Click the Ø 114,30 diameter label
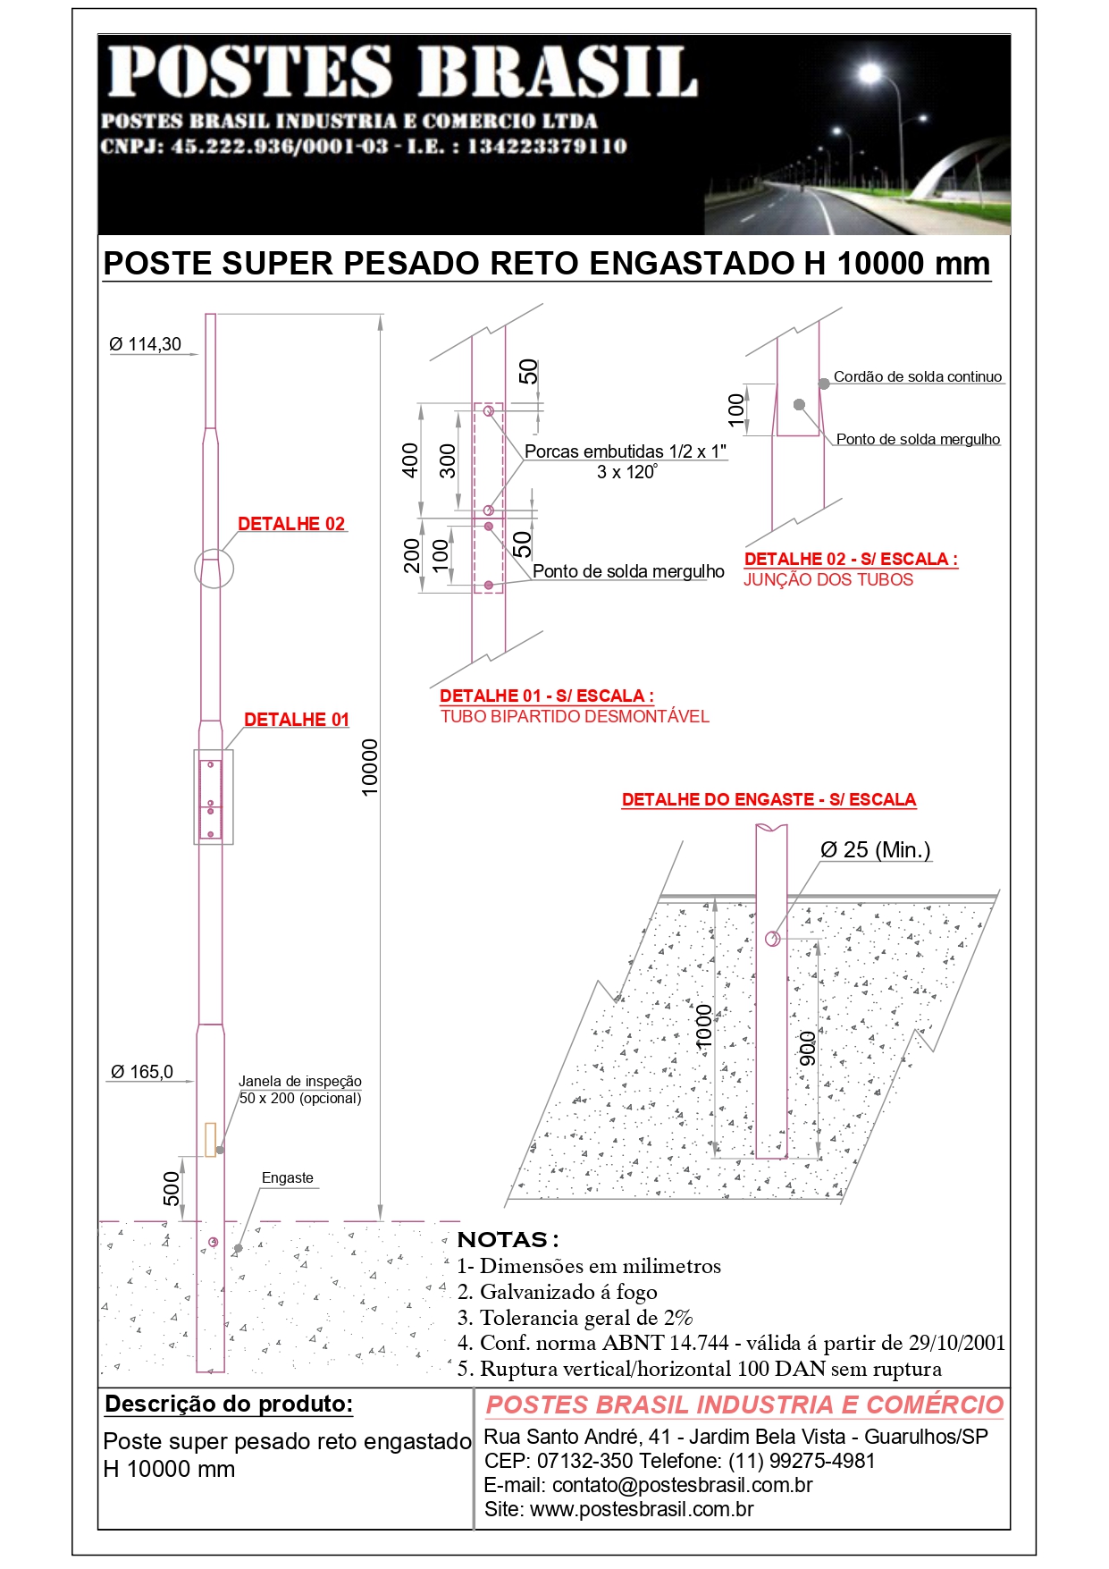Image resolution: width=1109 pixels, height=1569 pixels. click(145, 344)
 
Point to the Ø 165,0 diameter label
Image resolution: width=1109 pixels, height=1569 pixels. click(142, 1072)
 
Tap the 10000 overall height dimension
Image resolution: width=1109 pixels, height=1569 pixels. click(370, 766)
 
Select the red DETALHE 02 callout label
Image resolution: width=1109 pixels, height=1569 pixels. click(291, 524)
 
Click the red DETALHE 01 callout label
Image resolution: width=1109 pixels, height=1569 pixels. click(296, 720)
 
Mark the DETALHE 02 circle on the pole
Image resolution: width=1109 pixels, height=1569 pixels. click(214, 568)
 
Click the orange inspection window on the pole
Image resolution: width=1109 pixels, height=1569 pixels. click(211, 1139)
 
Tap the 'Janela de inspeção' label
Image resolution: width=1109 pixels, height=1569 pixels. click(299, 1082)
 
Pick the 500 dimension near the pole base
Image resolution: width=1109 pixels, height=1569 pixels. click(172, 1188)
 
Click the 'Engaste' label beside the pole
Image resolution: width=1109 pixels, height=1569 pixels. click(287, 1178)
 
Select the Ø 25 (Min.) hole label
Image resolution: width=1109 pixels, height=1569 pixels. click(875, 850)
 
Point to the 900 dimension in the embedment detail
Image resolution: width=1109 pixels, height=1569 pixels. click(807, 1048)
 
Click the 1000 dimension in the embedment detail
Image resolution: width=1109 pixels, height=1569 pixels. click(704, 1026)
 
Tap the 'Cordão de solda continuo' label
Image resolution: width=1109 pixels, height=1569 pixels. click(917, 377)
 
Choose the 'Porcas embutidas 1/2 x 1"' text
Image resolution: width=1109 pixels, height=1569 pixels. click(626, 451)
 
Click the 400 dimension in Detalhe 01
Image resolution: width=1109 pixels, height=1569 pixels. click(410, 460)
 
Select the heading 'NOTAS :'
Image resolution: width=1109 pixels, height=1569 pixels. click(508, 1240)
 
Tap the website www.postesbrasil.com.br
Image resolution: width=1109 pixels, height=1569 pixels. click(642, 1509)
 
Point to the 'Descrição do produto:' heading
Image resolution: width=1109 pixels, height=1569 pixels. click(229, 1404)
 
